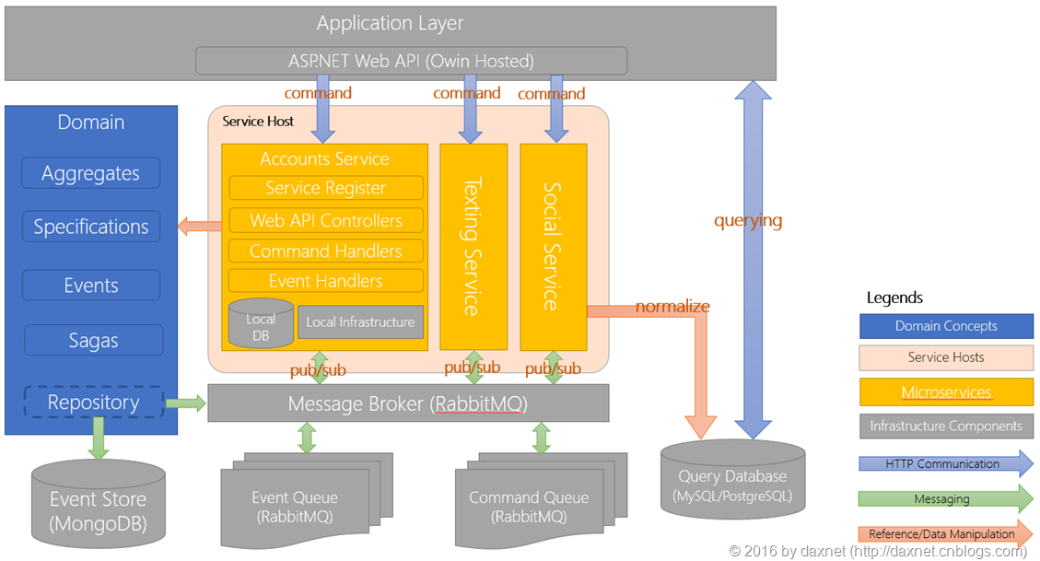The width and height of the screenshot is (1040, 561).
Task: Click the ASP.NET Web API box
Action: click(x=411, y=61)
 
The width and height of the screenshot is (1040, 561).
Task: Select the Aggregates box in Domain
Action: click(x=91, y=173)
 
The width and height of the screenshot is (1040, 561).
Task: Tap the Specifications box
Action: click(x=91, y=227)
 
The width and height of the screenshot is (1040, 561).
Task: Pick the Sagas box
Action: click(x=94, y=340)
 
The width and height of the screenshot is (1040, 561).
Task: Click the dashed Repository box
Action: click(x=94, y=402)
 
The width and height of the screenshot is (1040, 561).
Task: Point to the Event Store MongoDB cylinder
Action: click(x=99, y=504)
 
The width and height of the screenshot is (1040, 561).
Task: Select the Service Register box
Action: click(x=326, y=188)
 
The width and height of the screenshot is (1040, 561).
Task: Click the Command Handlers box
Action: click(x=326, y=251)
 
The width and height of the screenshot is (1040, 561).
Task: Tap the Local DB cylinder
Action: click(x=261, y=323)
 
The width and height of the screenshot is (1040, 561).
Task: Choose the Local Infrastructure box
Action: click(x=360, y=322)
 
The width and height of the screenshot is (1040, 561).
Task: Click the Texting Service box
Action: click(x=473, y=247)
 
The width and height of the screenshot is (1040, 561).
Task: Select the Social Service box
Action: click(x=554, y=247)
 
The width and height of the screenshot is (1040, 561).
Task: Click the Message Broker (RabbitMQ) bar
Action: click(x=408, y=403)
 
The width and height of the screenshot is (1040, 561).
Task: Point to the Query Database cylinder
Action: click(x=733, y=479)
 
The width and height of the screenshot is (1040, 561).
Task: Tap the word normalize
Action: click(x=672, y=307)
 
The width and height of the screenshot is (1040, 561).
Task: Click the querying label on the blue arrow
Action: click(x=748, y=220)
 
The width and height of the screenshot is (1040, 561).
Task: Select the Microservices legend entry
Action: click(x=946, y=392)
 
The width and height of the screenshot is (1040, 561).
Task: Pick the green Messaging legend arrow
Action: click(x=946, y=498)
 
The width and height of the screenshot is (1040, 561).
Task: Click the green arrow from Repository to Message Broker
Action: click(x=186, y=403)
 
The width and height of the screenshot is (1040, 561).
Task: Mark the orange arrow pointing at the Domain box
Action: click(x=200, y=226)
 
